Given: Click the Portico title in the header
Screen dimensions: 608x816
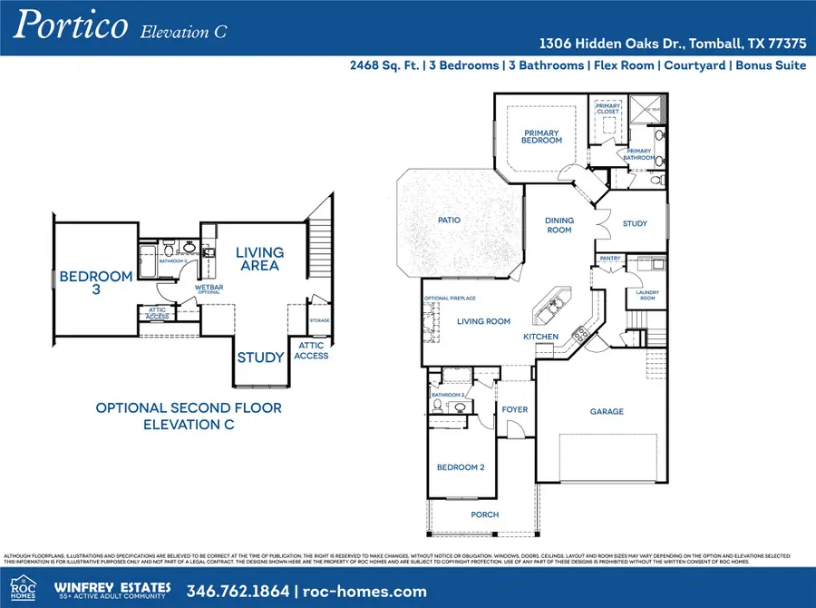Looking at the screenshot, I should [x=69, y=27].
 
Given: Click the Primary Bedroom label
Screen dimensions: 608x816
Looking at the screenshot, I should [x=542, y=137].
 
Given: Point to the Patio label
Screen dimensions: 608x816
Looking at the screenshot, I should [x=449, y=221].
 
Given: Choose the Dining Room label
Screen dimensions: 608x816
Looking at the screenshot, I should [x=559, y=225].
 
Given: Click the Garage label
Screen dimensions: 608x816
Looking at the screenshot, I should [x=607, y=411].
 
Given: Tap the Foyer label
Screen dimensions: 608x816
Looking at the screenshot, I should [x=515, y=409].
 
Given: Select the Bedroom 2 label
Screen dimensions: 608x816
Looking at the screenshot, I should [x=461, y=467].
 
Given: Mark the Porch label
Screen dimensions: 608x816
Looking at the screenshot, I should [x=485, y=515].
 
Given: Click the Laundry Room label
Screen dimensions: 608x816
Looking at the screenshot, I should [x=647, y=296].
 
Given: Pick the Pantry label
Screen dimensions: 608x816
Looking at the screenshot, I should [x=610, y=259].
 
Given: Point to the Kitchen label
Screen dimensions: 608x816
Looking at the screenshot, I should [x=540, y=337].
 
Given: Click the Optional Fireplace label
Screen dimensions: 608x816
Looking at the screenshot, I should [x=449, y=298].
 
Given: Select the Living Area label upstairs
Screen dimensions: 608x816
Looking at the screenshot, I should [x=259, y=259].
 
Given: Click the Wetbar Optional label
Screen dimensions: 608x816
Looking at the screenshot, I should [x=209, y=290].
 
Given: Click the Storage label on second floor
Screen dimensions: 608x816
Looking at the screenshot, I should [x=319, y=320].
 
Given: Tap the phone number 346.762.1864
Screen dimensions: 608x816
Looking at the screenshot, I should [x=238, y=591].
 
